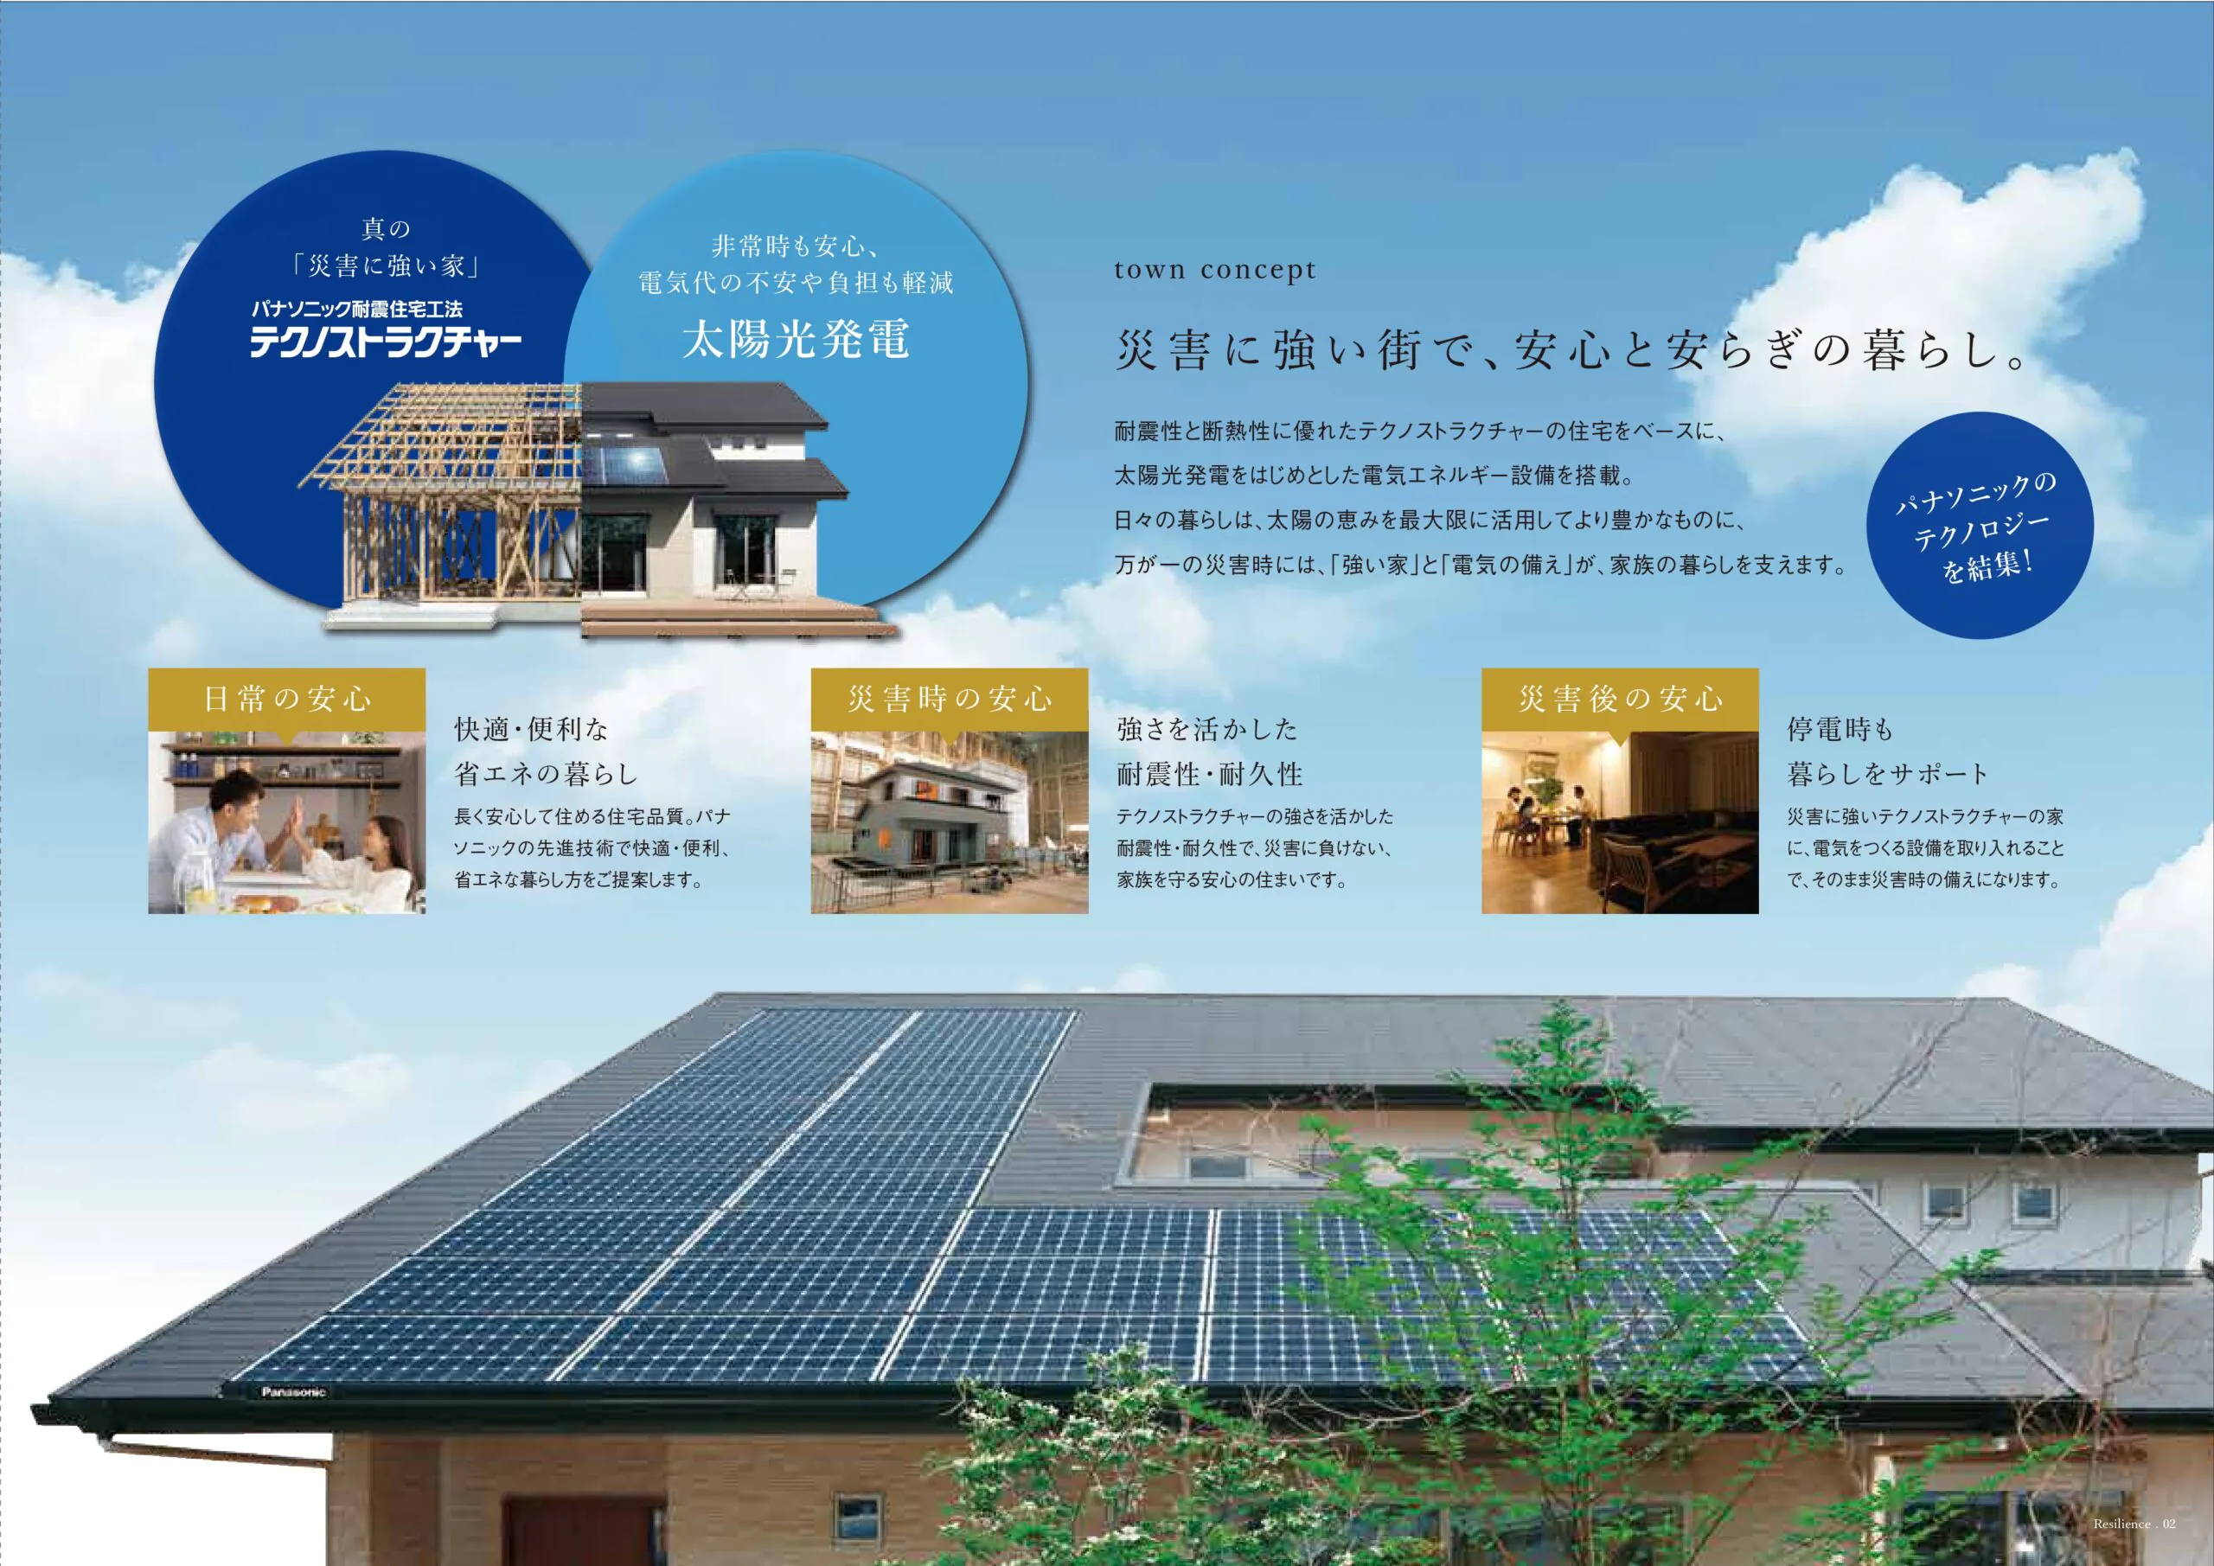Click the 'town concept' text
click(1215, 271)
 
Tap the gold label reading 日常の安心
click(286, 699)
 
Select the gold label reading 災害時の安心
click(950, 699)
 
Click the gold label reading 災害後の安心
click(1620, 699)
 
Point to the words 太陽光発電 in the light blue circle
click(796, 340)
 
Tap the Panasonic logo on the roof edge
click(294, 1392)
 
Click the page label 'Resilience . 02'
click(2134, 1524)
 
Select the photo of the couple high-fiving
click(286, 822)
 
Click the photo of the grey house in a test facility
click(950, 822)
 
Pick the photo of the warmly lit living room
click(1620, 822)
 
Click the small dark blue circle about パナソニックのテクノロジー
click(1980, 526)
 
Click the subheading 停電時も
click(1840, 729)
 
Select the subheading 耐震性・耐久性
click(1209, 773)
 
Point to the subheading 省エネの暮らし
click(546, 773)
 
